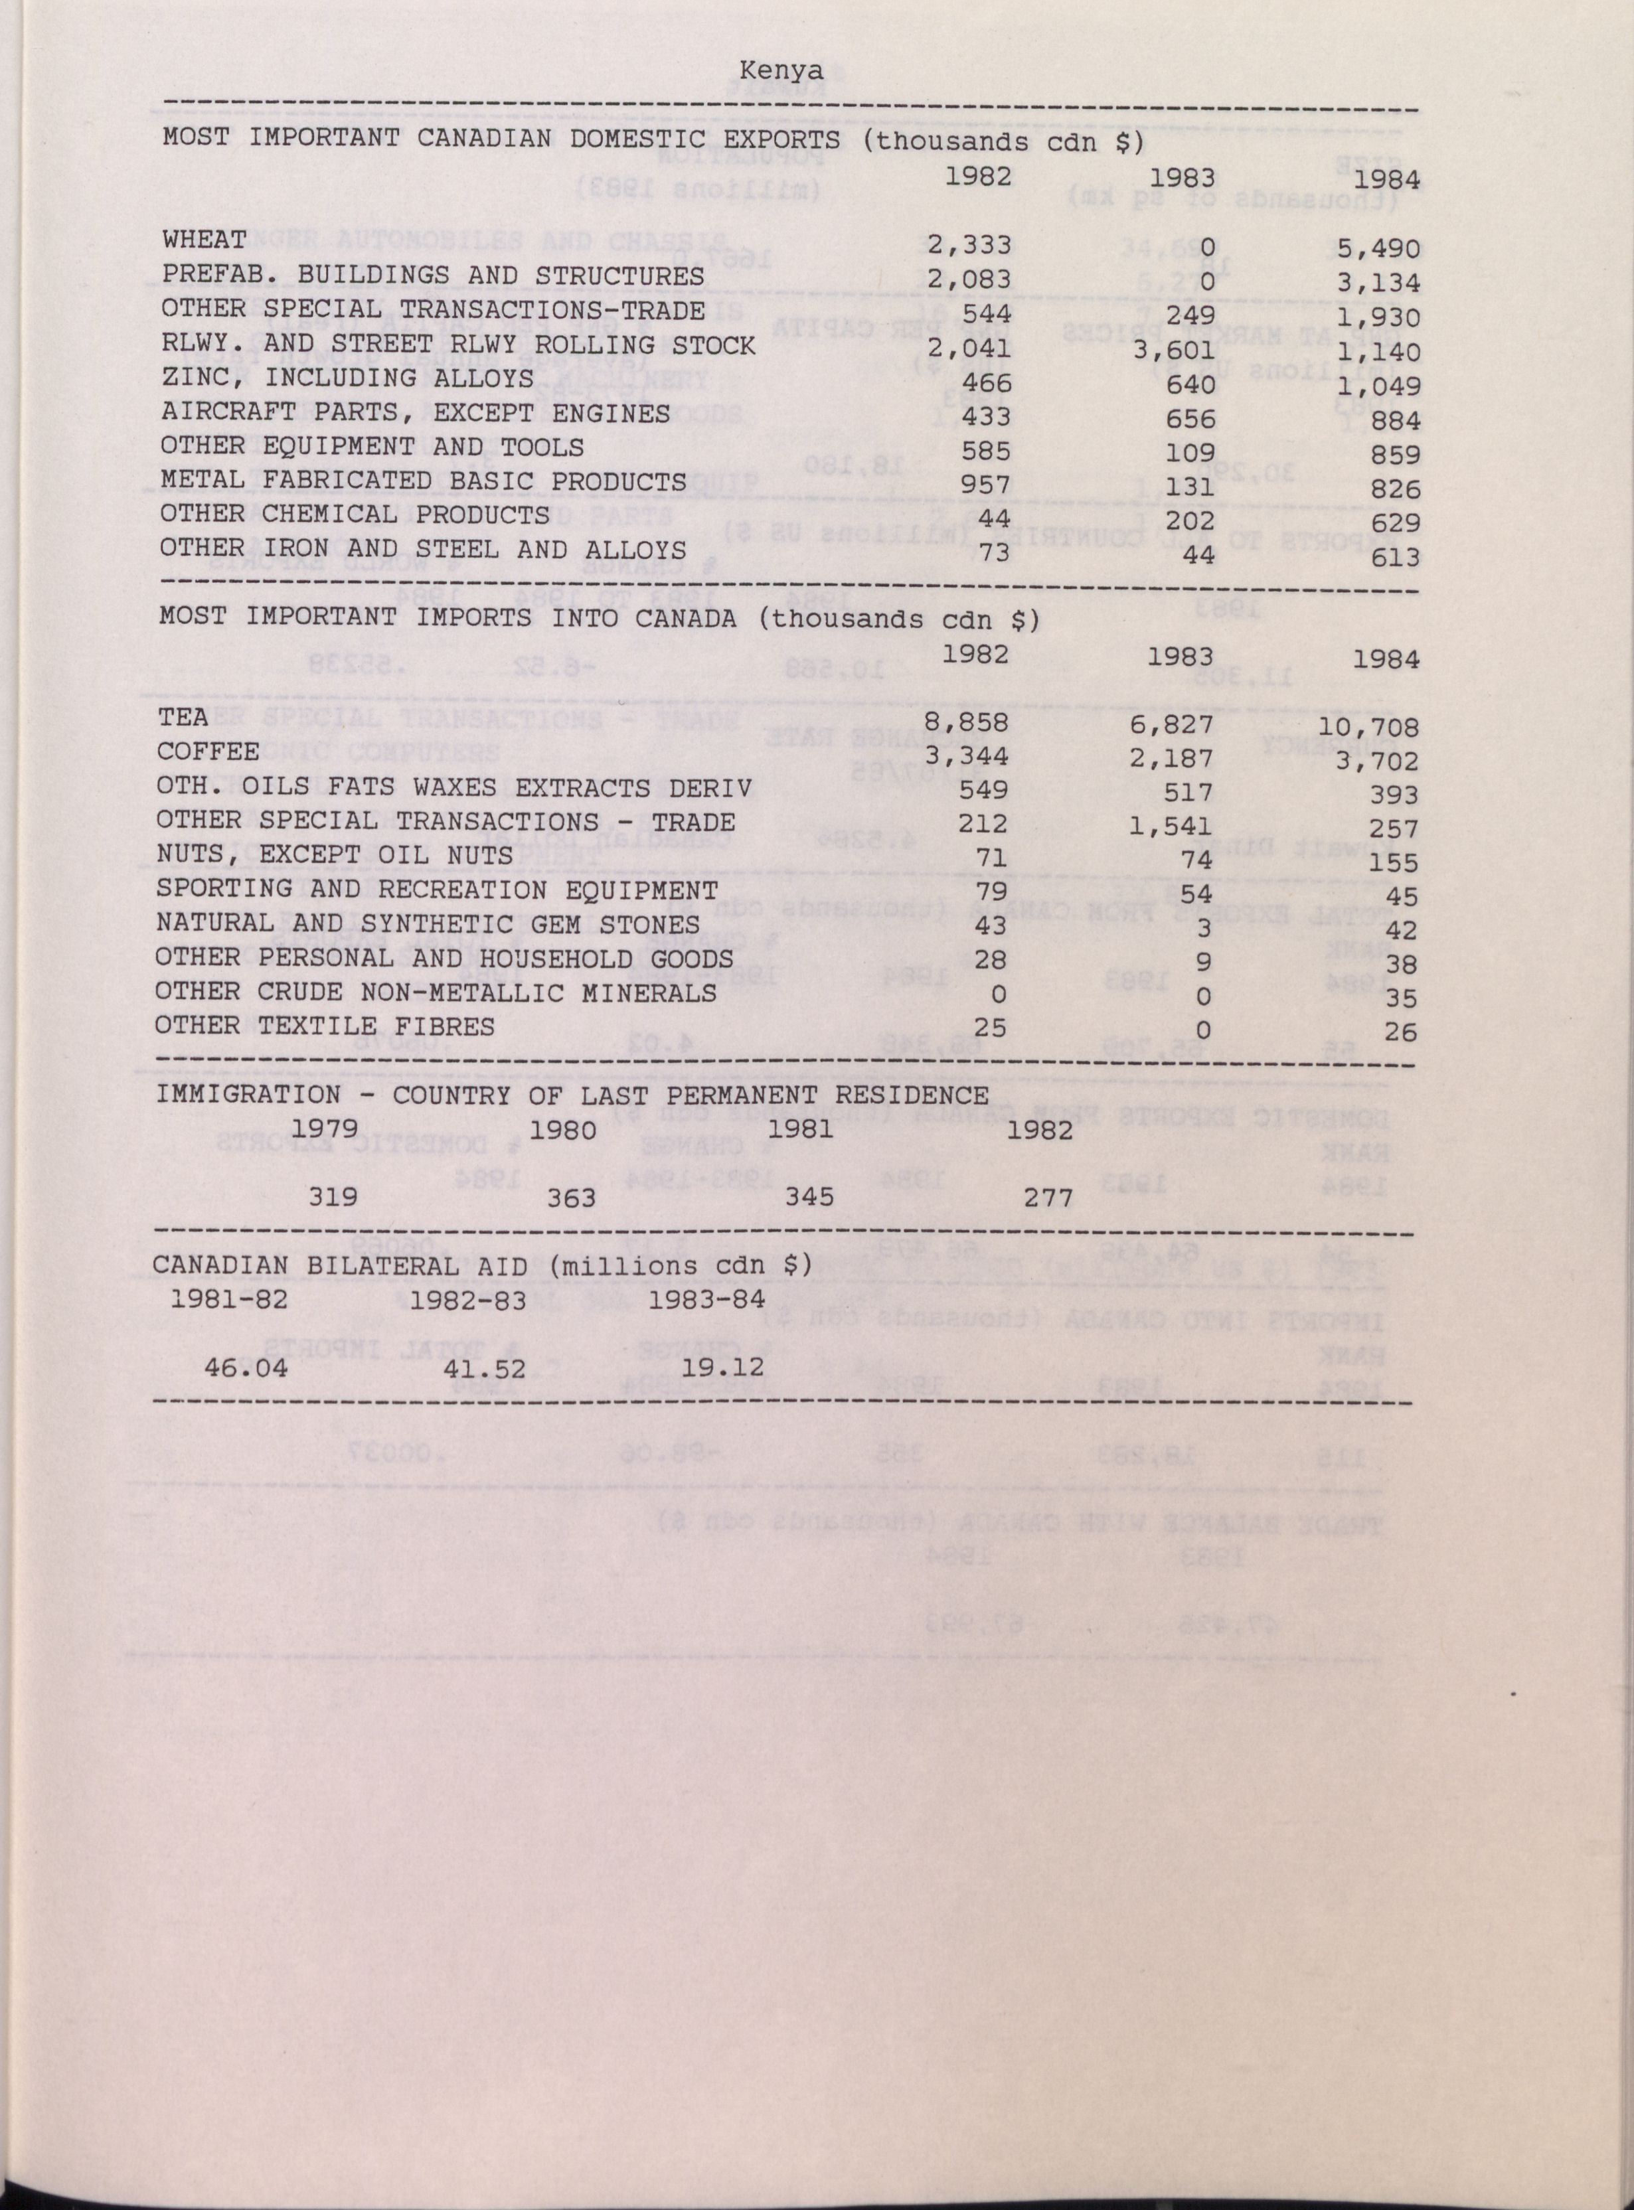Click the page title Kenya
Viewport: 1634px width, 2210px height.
pos(780,71)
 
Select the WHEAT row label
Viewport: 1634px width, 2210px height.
pos(204,240)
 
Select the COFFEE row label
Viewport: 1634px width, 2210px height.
pos(208,751)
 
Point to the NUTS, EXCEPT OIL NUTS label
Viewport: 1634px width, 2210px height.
pos(335,854)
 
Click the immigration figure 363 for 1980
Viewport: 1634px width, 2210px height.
pos(572,1198)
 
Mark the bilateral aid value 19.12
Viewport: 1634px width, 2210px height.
pos(724,1368)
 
